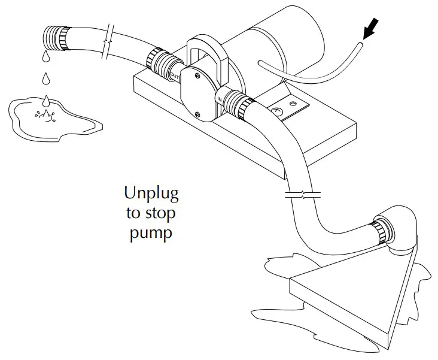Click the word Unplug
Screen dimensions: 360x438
(151, 193)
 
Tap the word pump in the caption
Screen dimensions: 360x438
(151, 232)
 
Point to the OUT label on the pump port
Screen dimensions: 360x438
(175, 75)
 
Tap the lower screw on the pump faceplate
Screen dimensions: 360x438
(197, 114)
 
